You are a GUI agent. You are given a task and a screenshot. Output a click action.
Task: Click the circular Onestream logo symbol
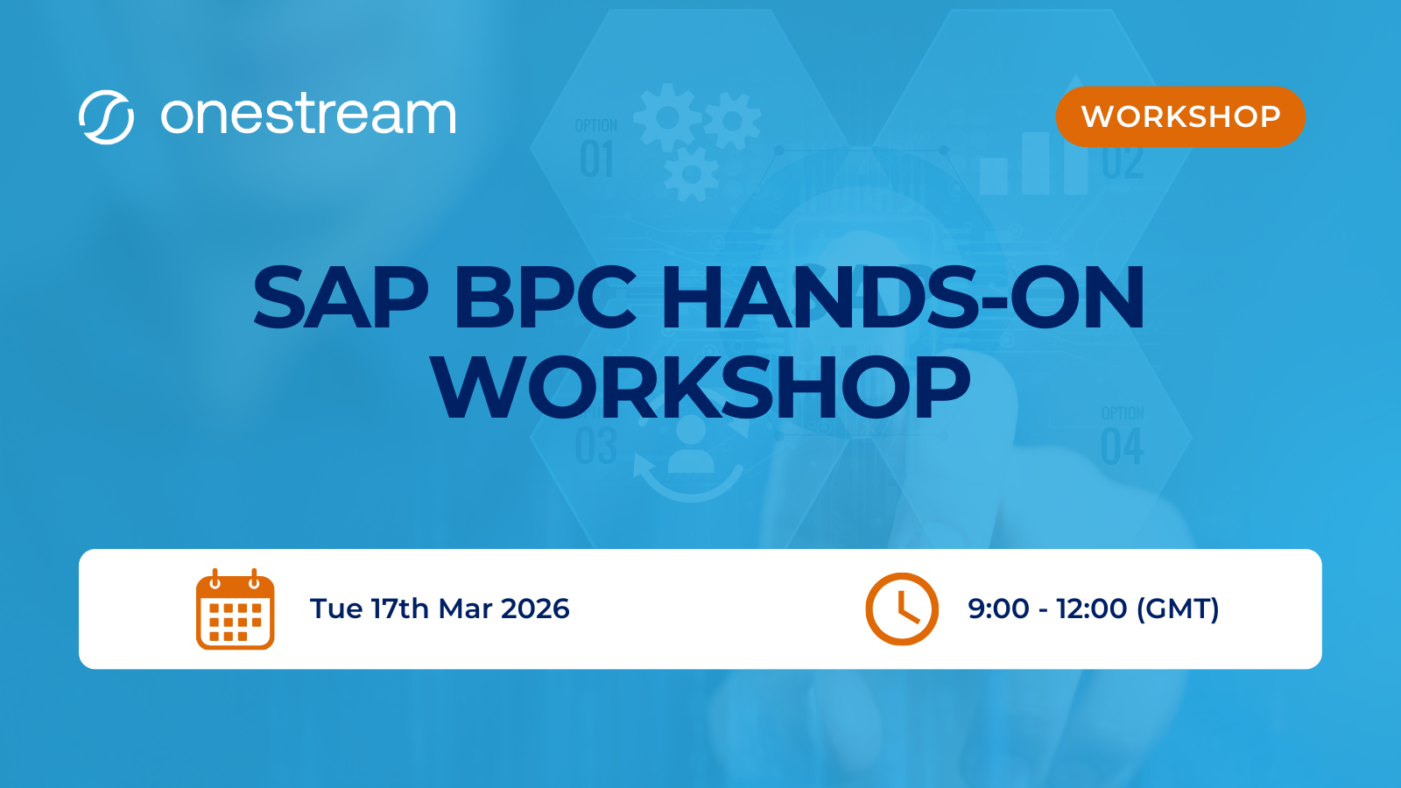106,116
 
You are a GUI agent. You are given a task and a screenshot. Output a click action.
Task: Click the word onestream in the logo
308,115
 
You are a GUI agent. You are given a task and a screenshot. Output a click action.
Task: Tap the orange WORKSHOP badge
1180,116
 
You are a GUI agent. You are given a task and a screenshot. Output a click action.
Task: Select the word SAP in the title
341,299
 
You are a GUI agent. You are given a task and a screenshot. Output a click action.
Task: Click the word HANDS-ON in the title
903,299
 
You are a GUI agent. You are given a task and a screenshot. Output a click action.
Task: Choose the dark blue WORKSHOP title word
700,388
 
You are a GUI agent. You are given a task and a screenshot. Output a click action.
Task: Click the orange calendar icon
235,609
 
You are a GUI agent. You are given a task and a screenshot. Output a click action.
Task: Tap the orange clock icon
901,609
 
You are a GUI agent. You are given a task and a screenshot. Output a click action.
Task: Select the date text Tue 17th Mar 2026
440,609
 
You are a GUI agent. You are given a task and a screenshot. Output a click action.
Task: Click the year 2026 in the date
535,609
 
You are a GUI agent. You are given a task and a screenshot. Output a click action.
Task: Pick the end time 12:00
1091,609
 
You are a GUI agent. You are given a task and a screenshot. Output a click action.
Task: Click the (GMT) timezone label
1178,609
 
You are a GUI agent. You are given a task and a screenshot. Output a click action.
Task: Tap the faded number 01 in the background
596,160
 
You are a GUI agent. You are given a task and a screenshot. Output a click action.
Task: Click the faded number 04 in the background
1122,447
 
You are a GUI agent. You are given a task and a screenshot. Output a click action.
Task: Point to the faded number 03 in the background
596,446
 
